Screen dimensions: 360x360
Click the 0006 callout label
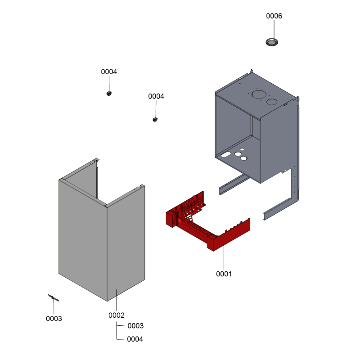click(x=274, y=16)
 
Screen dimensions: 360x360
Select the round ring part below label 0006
click(x=272, y=42)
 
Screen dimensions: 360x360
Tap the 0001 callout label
click(x=224, y=274)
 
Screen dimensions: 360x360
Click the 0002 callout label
click(x=117, y=315)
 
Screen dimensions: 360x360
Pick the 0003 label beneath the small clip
click(x=54, y=319)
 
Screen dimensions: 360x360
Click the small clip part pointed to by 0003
click(x=54, y=297)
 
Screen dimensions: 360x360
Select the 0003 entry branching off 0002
click(x=135, y=326)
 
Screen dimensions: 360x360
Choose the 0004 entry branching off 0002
click(x=135, y=339)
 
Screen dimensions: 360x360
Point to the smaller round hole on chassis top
click(x=272, y=102)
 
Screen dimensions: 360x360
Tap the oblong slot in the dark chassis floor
click(x=226, y=154)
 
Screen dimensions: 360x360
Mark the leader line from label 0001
click(x=224, y=256)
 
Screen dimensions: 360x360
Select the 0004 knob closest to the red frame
click(x=155, y=120)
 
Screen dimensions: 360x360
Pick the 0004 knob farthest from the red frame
click(x=109, y=94)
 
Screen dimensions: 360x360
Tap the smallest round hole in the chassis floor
click(x=242, y=149)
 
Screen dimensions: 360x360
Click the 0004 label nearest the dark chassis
click(x=156, y=96)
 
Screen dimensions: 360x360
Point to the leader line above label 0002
click(x=117, y=300)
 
